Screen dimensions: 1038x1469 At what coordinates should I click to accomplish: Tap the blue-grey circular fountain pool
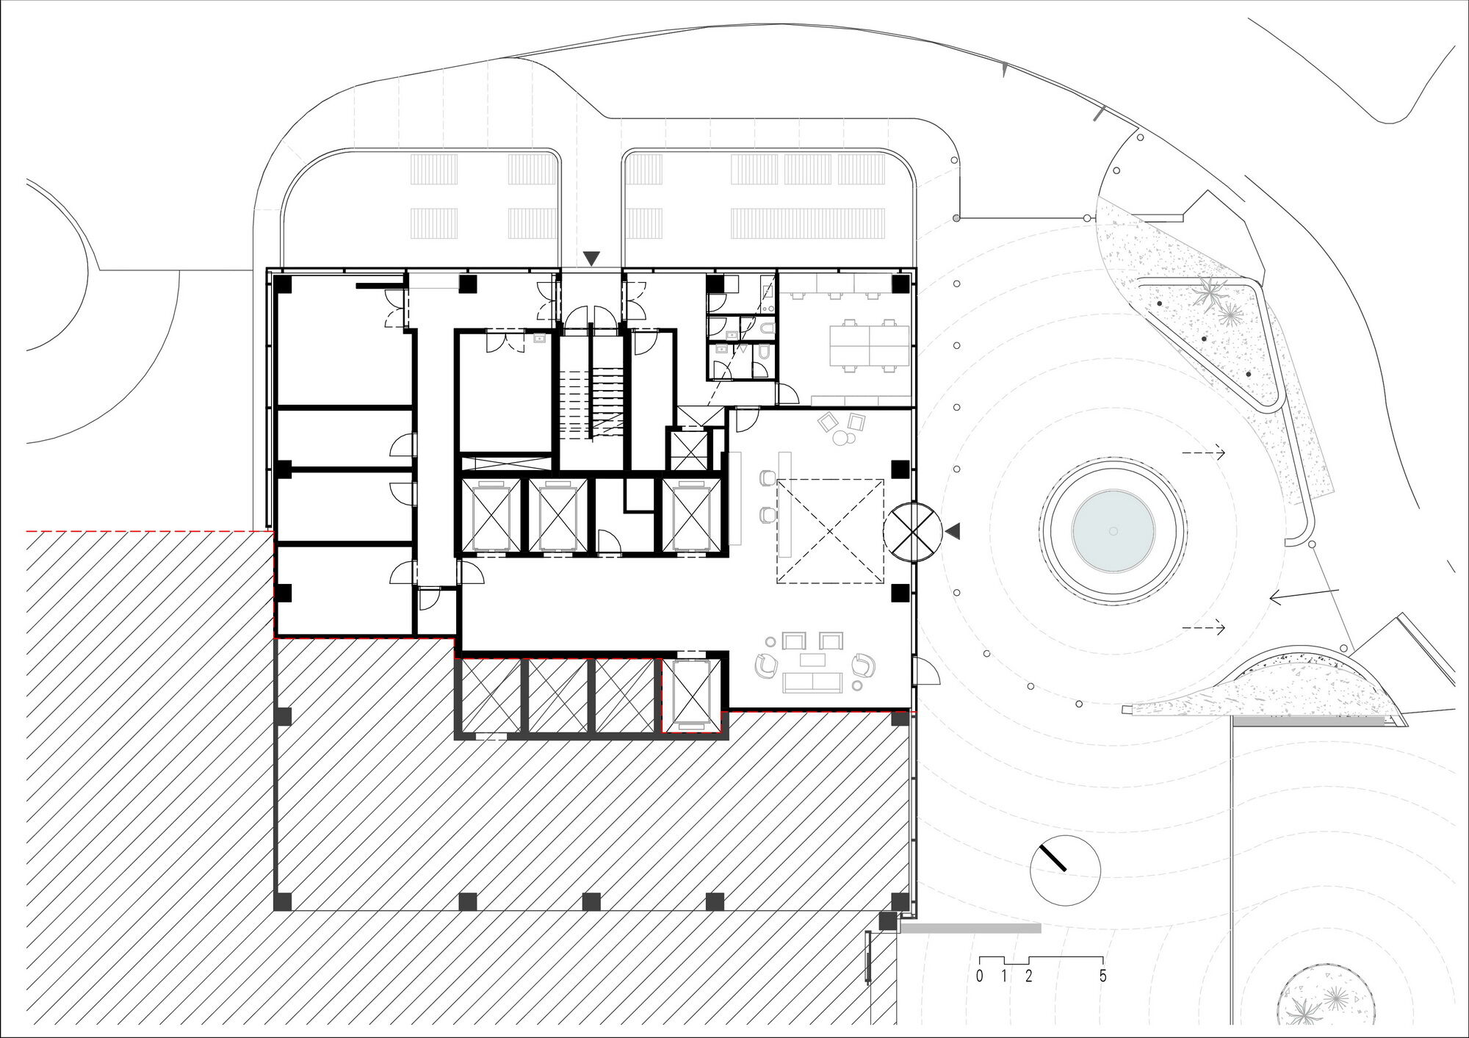(x=1113, y=530)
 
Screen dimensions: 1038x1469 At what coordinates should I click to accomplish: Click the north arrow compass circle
(x=1065, y=871)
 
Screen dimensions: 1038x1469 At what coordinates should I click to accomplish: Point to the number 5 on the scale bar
(x=1102, y=976)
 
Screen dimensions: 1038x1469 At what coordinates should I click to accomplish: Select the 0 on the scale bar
(x=980, y=976)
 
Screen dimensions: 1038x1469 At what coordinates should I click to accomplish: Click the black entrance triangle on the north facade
(x=591, y=259)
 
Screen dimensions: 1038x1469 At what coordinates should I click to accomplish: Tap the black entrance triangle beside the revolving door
(x=953, y=531)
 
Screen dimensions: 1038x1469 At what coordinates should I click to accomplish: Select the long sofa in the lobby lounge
(x=812, y=682)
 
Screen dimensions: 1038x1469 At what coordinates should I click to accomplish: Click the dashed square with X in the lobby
(x=830, y=531)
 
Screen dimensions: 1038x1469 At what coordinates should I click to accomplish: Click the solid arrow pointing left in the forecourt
(x=1304, y=596)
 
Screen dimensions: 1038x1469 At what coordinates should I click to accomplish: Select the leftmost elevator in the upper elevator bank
(x=490, y=516)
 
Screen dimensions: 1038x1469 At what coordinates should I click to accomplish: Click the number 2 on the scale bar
(x=1028, y=976)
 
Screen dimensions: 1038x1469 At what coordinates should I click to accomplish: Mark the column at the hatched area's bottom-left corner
(x=283, y=901)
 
